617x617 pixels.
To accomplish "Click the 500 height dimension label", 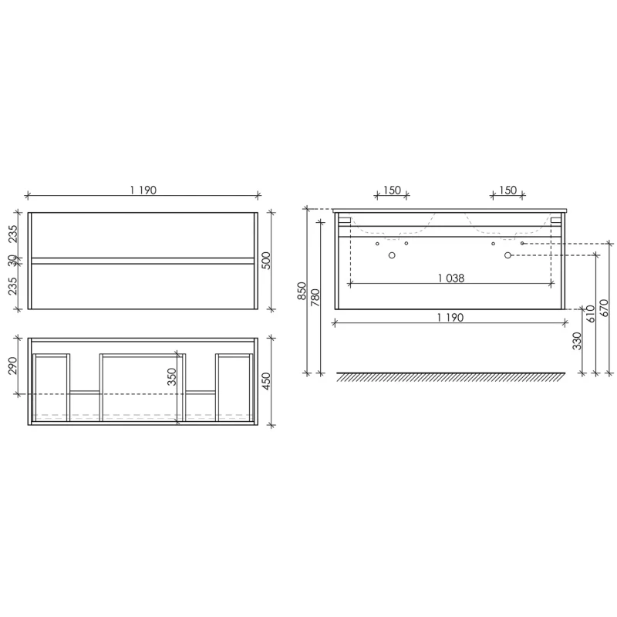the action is pyautogui.click(x=266, y=261).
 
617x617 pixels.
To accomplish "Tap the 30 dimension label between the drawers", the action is pyautogui.click(x=12, y=261).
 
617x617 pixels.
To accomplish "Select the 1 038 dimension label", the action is pyautogui.click(x=451, y=278).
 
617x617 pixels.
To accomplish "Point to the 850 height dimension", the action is pyautogui.click(x=302, y=291).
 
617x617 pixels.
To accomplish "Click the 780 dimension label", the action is pyautogui.click(x=315, y=298).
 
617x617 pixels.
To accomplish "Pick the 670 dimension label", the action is pyautogui.click(x=605, y=308).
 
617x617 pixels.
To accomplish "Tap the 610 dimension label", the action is pyautogui.click(x=591, y=314).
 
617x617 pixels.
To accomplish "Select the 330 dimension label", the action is pyautogui.click(x=577, y=341).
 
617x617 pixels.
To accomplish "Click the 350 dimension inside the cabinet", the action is pyautogui.click(x=171, y=376).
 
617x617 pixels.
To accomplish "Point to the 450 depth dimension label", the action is pyautogui.click(x=266, y=381).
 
